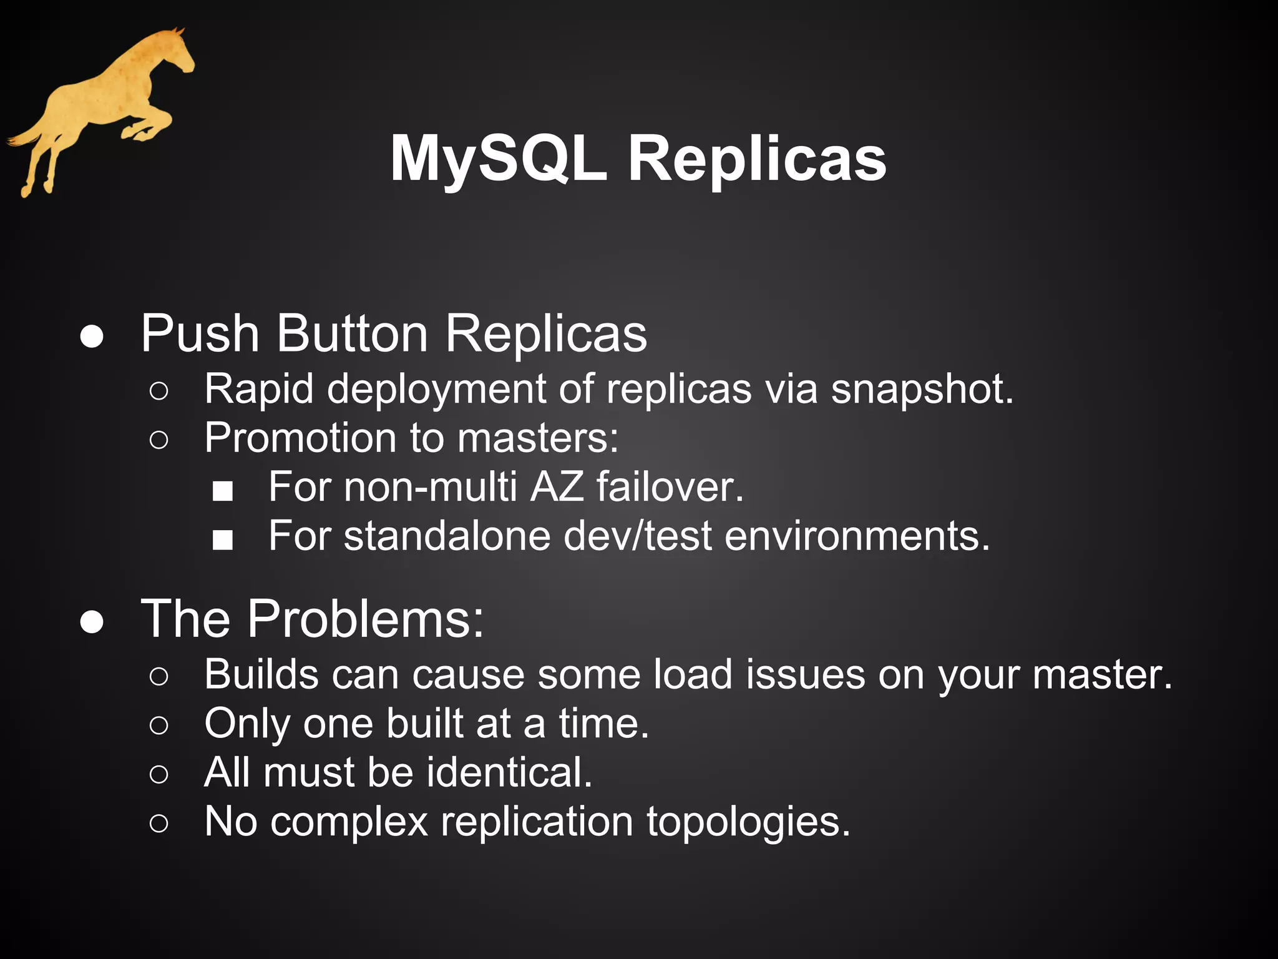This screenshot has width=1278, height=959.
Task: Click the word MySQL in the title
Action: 498,159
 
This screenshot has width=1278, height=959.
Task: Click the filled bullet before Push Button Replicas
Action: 92,337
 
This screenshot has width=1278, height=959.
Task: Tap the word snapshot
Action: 922,390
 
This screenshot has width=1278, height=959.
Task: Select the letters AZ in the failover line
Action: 557,486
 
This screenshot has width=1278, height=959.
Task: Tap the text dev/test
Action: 637,536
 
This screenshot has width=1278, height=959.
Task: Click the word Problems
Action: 365,619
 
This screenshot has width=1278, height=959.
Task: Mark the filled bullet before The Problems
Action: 92,622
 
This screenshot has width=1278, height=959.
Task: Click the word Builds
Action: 261,674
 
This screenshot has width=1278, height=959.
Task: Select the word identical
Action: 509,772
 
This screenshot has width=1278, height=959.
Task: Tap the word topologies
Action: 748,822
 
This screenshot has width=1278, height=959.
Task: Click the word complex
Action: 349,822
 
